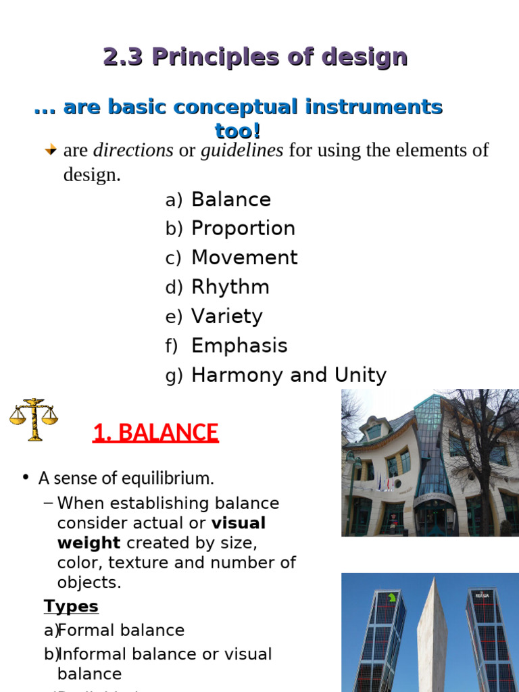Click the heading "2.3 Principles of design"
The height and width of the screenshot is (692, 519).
tap(255, 57)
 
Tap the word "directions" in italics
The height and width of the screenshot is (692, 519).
tap(133, 150)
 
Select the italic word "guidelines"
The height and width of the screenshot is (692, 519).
tap(241, 150)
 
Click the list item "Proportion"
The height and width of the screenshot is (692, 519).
tap(243, 228)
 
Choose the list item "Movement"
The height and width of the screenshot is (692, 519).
tap(244, 257)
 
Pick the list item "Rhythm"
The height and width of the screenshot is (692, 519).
tap(230, 287)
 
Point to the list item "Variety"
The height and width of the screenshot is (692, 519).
tap(226, 316)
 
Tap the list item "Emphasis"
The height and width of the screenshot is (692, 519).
tap(239, 346)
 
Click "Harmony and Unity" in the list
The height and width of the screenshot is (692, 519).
tap(289, 375)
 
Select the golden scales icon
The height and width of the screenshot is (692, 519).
tap(33, 419)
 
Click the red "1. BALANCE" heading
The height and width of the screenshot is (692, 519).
tap(155, 432)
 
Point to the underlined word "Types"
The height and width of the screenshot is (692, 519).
tap(71, 606)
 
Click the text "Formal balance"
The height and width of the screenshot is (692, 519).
tap(121, 631)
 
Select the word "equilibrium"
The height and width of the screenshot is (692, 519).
tap(170, 478)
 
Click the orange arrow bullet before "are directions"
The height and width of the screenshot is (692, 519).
tap(51, 150)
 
